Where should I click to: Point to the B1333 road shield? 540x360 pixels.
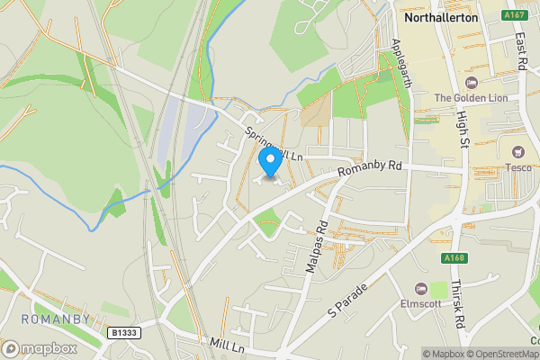click(x=124, y=333)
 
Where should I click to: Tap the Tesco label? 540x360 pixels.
click(x=517, y=167)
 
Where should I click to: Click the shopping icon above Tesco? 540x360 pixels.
click(x=517, y=152)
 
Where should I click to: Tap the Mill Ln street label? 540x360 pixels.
click(x=226, y=346)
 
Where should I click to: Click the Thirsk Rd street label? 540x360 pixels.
click(x=458, y=306)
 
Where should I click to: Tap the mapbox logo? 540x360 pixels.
click(x=40, y=348)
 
